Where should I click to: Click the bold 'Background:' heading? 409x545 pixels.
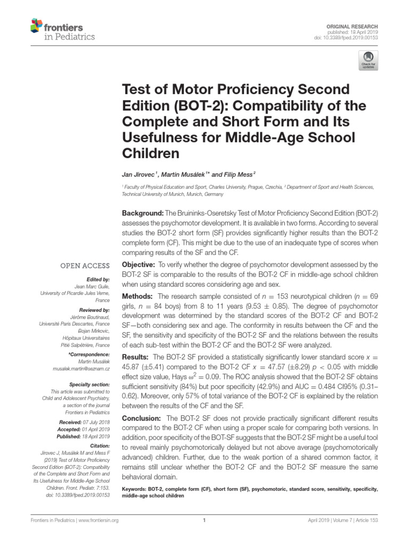click(x=144, y=213)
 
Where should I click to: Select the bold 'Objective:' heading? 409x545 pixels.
click(x=139, y=265)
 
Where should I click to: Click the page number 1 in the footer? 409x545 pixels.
click(x=204, y=521)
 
